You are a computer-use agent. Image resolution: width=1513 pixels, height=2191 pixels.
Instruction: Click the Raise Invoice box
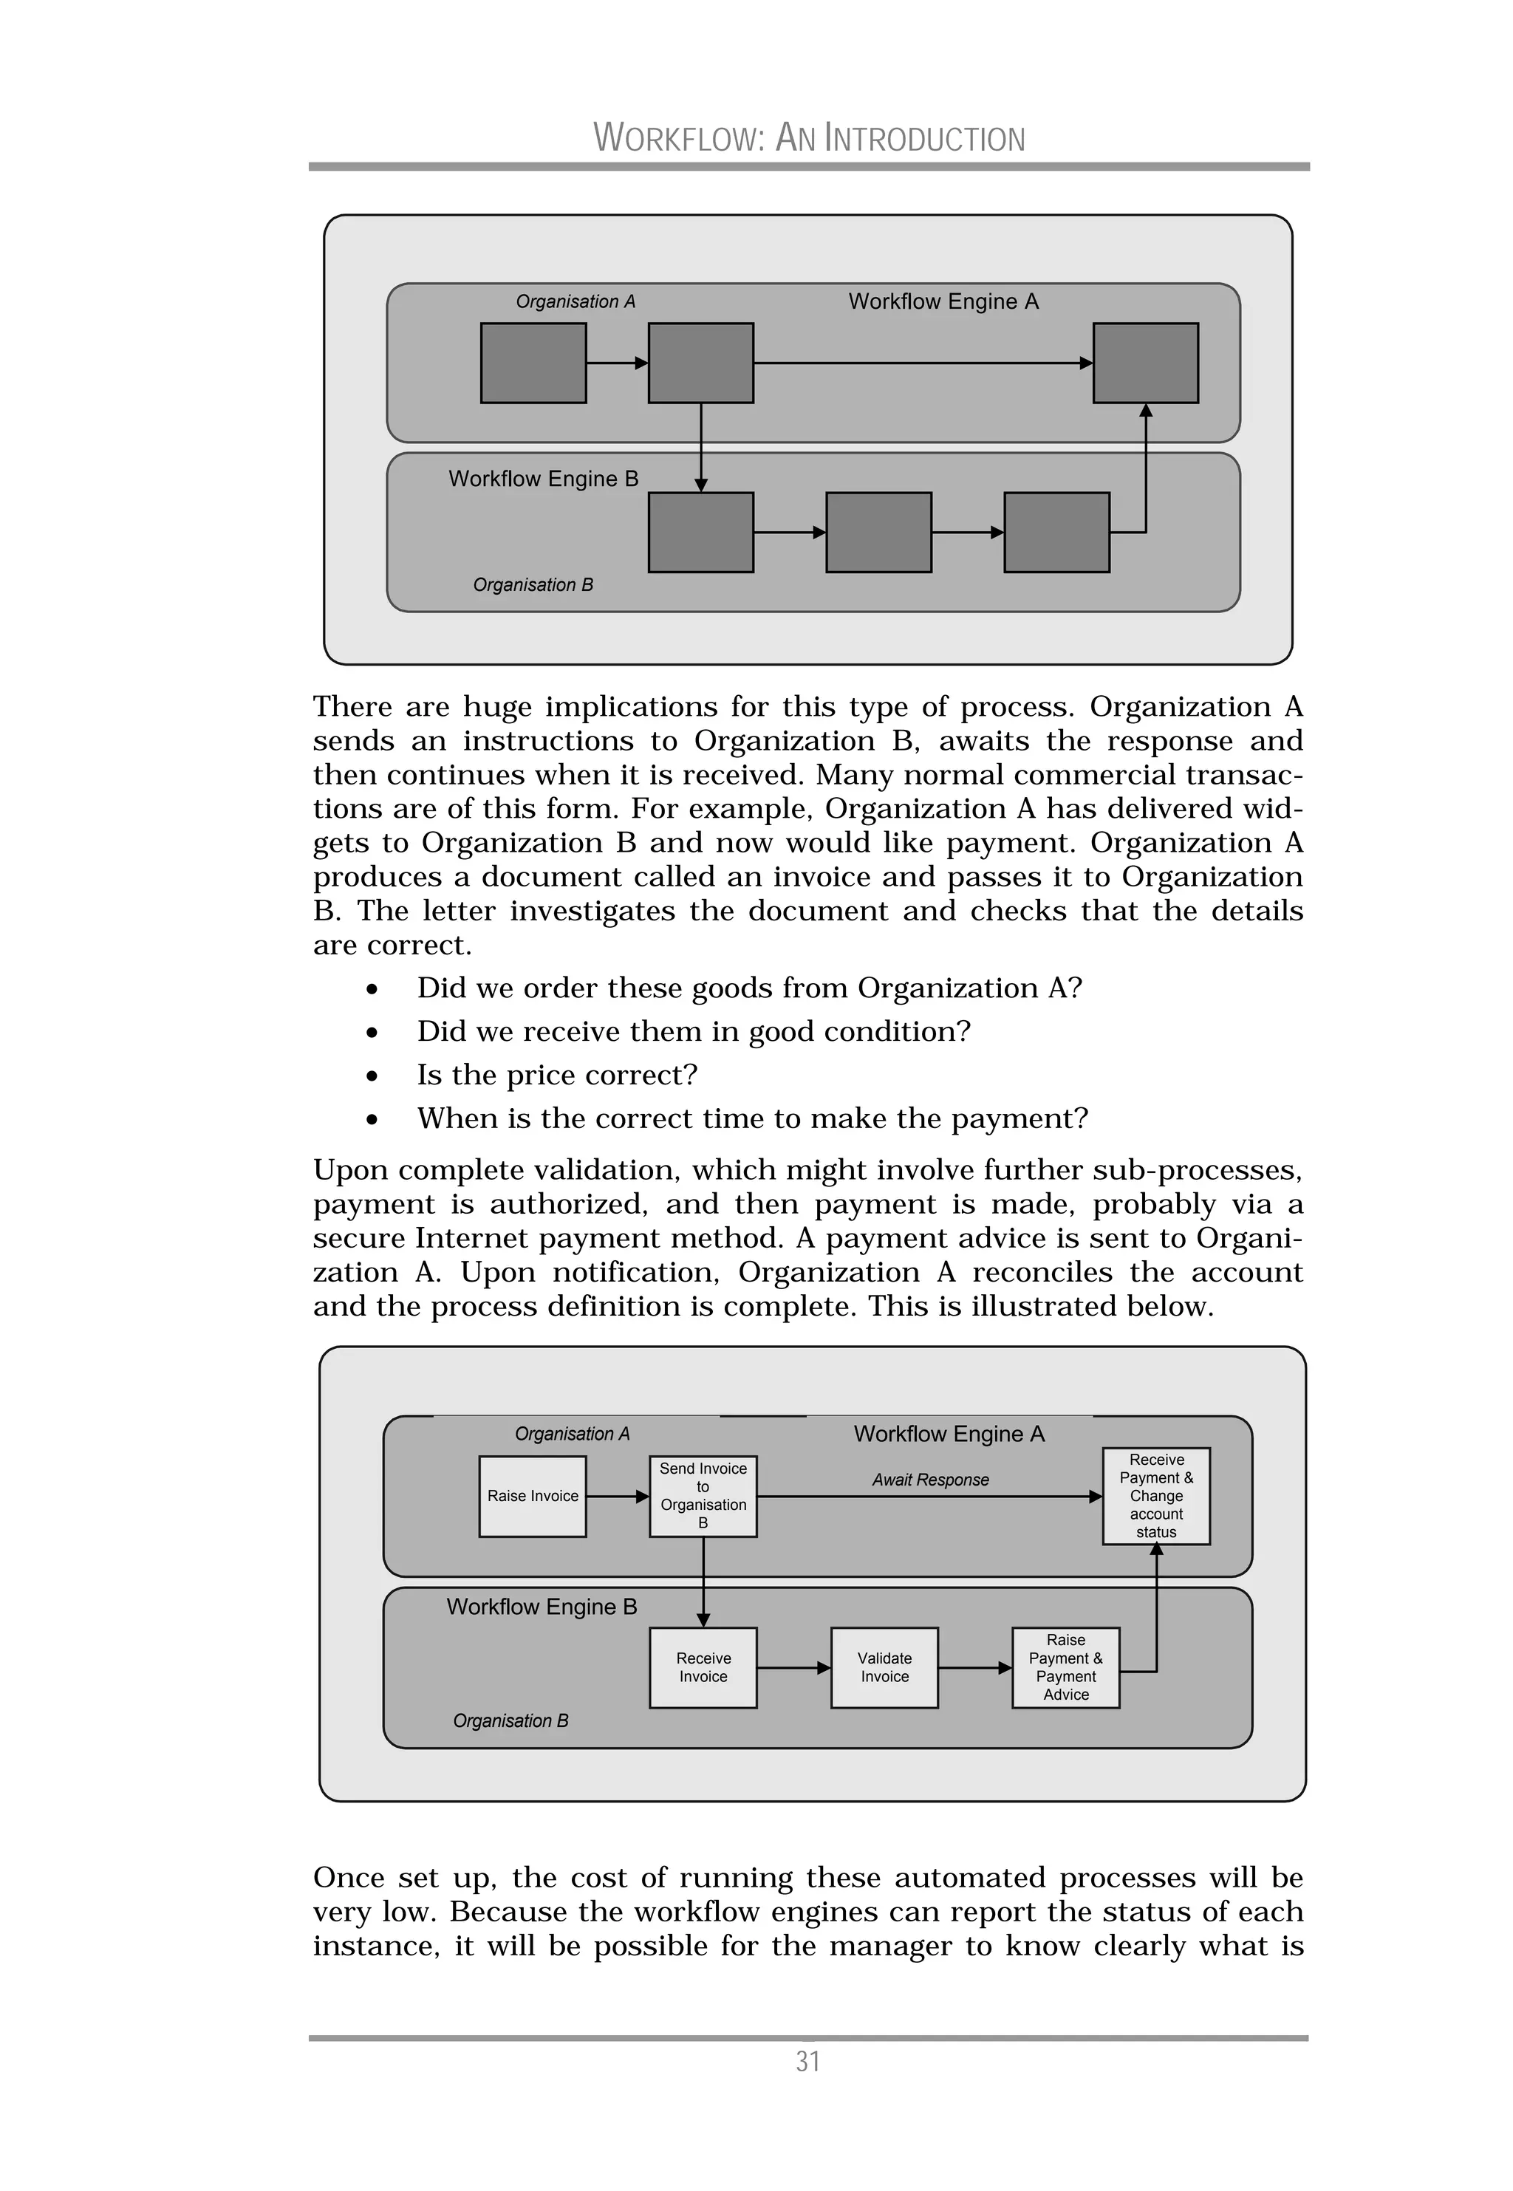point(532,1497)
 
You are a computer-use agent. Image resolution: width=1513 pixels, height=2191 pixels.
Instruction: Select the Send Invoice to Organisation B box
point(703,1497)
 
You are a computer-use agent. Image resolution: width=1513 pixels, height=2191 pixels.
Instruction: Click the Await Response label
point(930,1480)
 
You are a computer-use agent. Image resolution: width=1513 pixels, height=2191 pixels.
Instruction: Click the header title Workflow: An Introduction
point(809,138)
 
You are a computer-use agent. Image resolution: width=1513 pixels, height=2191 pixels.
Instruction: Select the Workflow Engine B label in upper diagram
point(543,479)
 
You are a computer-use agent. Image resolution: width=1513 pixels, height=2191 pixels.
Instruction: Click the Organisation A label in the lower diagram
point(572,1434)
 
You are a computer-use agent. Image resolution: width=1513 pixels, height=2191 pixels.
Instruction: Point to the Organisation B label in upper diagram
point(533,586)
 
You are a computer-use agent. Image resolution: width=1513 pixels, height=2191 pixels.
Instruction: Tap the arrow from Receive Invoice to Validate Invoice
point(793,1668)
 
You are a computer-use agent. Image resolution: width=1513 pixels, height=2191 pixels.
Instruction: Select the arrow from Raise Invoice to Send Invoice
point(617,1497)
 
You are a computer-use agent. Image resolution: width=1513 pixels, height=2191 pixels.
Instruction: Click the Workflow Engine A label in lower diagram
point(948,1435)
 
